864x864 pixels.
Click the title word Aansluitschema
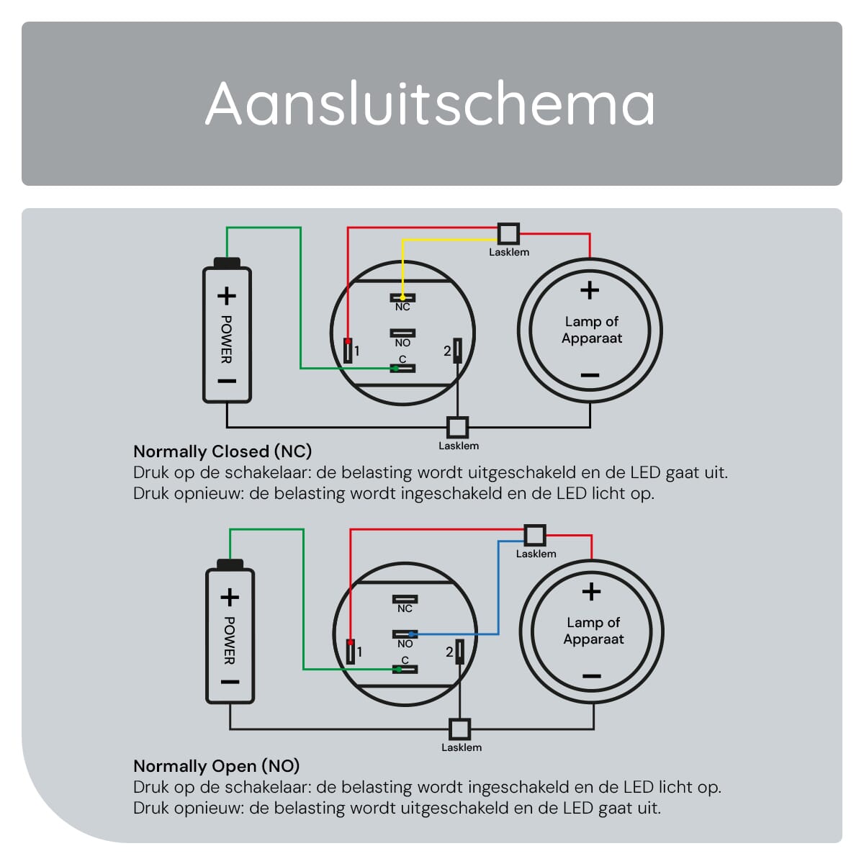430,103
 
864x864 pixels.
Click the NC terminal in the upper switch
402,297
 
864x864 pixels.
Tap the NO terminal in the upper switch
402,333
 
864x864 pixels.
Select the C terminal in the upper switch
402,369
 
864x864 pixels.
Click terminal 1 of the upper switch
348,351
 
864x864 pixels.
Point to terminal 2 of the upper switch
457,351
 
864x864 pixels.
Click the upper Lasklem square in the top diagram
508,233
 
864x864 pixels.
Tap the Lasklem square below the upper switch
457,427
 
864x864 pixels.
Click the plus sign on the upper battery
226,296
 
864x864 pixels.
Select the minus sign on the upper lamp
590,375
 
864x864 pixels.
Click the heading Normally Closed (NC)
222,451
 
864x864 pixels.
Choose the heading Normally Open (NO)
217,766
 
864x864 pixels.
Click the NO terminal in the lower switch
405,634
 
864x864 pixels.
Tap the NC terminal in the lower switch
405,599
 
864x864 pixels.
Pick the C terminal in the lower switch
405,670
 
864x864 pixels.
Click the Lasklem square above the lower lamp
535,535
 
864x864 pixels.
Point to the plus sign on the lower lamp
591,591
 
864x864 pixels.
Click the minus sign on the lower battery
230,682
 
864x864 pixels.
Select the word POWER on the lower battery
230,640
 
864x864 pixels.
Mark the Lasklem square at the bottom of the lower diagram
459,729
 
